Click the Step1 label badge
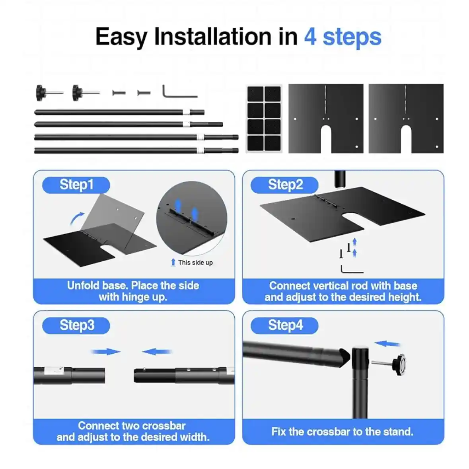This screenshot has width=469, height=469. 76,185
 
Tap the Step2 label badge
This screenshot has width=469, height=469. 284,185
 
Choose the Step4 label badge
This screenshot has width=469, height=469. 284,325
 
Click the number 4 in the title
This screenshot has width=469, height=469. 310,37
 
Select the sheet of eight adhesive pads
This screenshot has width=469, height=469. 264,119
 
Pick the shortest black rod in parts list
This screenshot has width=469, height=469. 119,113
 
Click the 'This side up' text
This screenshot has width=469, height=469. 195,263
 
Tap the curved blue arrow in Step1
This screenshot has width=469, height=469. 77,218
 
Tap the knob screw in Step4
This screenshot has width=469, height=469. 394,362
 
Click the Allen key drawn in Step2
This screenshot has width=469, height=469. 352,270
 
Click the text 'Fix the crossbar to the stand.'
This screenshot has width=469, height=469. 342,432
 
